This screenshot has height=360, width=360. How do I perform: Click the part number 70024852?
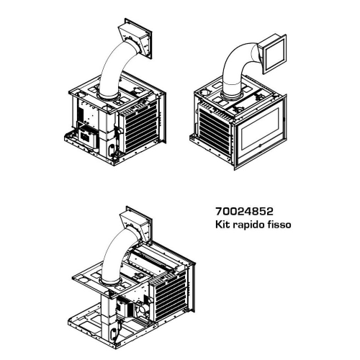[x=244, y=212]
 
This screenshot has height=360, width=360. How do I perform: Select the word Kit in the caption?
[x=222, y=225]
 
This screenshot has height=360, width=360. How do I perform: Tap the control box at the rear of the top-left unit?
[x=88, y=137]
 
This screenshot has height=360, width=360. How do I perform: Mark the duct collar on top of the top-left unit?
[x=109, y=96]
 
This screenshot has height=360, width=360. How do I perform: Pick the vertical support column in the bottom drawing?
[x=109, y=317]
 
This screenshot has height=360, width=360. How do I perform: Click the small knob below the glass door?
[x=260, y=145]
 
